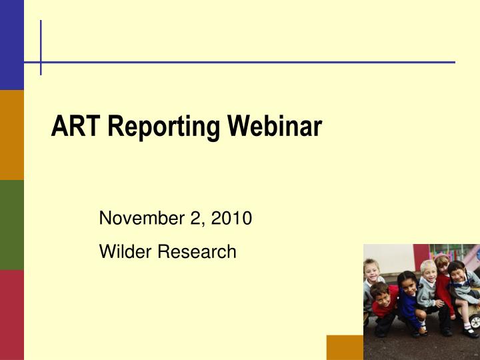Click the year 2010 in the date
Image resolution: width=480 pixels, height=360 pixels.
(x=233, y=218)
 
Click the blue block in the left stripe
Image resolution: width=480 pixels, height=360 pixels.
(x=11, y=45)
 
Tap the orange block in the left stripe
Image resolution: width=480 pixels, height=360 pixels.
(x=11, y=135)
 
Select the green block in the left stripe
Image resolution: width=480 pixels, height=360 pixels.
(x=11, y=225)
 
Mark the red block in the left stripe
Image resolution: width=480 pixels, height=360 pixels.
(x=11, y=315)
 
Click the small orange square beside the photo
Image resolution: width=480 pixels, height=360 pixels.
(x=345, y=347)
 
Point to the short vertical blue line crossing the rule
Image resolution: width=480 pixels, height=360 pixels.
(x=41, y=47)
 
